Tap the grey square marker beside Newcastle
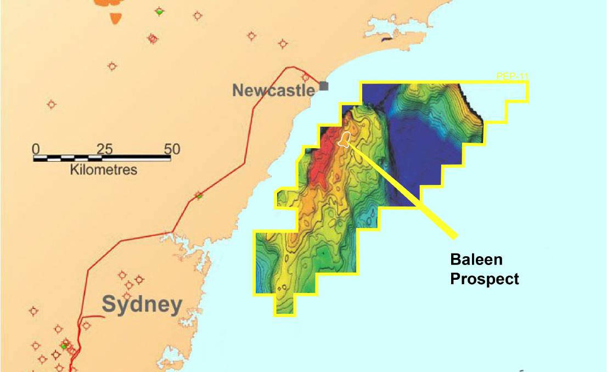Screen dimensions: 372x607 point(324,86)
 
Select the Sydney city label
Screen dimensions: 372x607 point(142,304)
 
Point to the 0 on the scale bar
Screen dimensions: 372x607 point(36,149)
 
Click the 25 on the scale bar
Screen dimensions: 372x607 point(104,149)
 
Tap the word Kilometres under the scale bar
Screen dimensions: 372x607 point(104,170)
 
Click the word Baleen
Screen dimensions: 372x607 point(476,260)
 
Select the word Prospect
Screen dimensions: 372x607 point(484,279)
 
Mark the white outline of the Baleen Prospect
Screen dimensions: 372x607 point(345,139)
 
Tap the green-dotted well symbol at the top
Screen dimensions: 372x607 point(159,12)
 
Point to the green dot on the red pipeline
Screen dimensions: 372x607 point(200,196)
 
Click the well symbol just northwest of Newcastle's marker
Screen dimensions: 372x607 point(305,77)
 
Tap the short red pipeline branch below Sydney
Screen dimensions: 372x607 point(92,317)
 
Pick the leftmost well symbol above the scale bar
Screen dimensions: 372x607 point(51,104)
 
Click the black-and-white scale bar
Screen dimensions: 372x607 point(102,159)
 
